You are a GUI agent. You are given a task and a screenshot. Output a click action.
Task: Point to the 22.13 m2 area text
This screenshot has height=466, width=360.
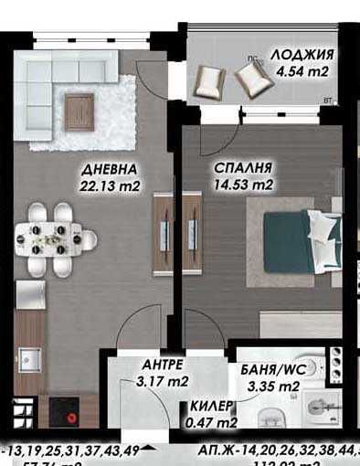[109, 186]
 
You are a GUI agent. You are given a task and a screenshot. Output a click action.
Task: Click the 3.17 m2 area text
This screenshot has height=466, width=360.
[162, 380]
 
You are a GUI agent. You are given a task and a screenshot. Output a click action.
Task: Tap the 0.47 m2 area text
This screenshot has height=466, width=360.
[211, 423]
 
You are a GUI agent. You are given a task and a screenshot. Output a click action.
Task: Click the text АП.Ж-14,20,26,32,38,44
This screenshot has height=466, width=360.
[274, 452]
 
